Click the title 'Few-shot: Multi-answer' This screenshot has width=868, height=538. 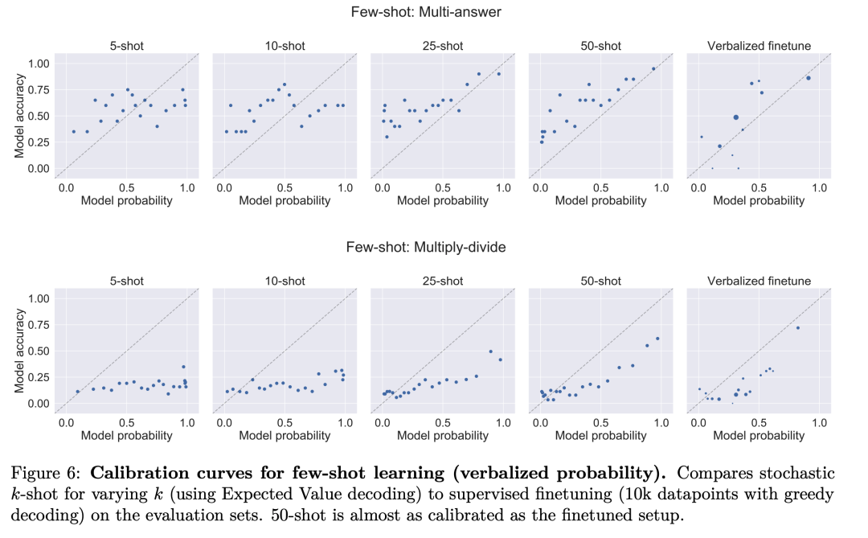point(426,12)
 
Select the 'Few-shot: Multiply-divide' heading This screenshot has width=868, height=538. point(426,247)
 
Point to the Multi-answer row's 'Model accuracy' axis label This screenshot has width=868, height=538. point(20,116)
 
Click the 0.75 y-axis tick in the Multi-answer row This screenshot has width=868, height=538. point(38,89)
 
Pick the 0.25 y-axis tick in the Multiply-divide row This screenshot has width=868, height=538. point(38,377)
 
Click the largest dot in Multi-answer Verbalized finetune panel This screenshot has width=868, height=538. point(735,117)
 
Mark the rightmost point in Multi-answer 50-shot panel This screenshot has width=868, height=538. point(653,68)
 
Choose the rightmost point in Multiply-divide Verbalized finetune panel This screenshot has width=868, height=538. point(797,327)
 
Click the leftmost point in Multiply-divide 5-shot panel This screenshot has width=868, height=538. point(78,392)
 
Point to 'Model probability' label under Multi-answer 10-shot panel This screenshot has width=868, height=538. point(285,200)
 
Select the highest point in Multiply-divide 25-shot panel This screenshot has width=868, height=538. point(490,351)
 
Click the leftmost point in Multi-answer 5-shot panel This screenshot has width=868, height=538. point(74,131)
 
